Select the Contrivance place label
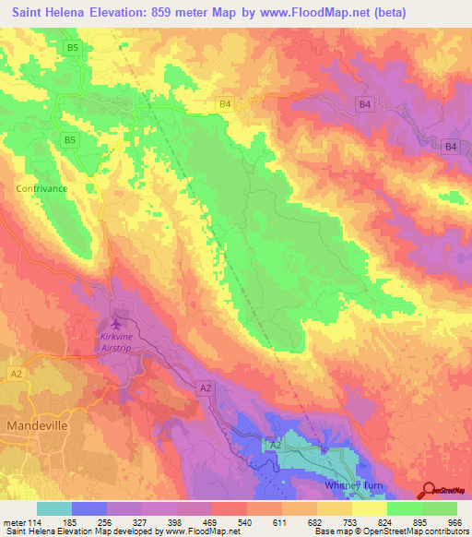tap(42, 188)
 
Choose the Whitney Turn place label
tap(359, 485)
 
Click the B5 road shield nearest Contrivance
tap(69, 140)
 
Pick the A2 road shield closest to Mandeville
tap(16, 373)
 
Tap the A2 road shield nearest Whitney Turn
tap(274, 445)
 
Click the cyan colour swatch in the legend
tap(54, 508)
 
